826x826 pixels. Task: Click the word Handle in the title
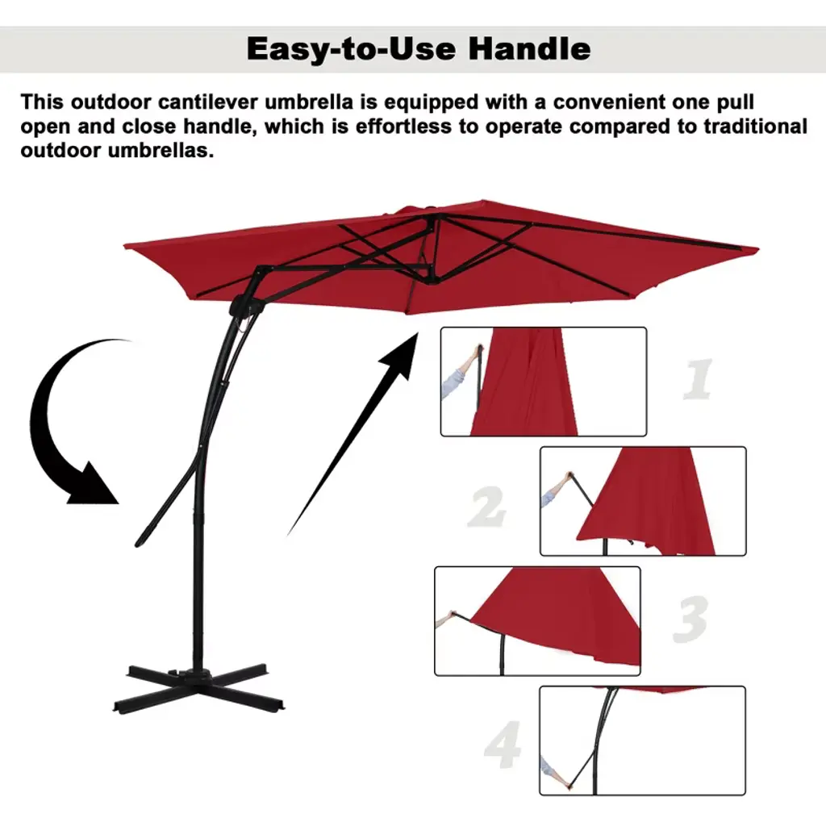(529, 48)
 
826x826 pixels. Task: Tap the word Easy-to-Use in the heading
(352, 49)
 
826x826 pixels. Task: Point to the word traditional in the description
(755, 127)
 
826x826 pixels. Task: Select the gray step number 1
(699, 379)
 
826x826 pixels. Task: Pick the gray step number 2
(486, 507)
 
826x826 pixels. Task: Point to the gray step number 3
(690, 619)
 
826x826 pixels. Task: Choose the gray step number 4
(503, 745)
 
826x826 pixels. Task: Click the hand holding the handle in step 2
(567, 478)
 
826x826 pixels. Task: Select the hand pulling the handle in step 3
(450, 615)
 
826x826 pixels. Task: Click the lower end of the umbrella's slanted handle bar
(140, 542)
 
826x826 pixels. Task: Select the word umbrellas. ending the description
(161, 151)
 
